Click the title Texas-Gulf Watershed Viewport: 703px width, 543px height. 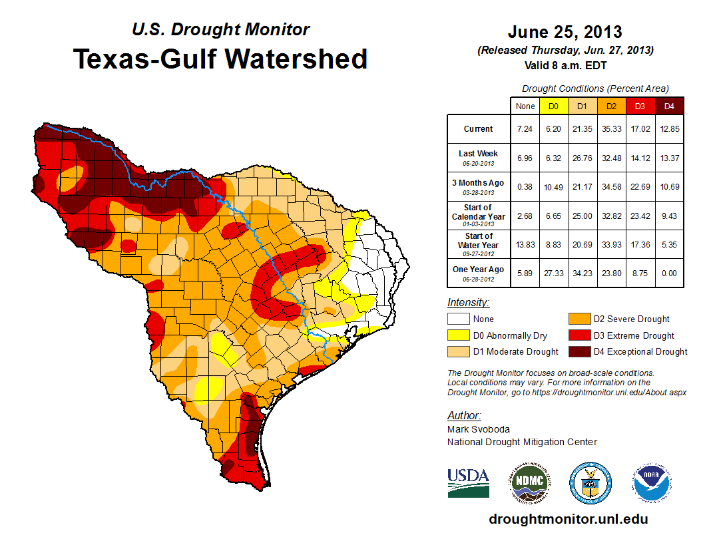pos(220,59)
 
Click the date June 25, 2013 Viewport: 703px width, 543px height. pos(565,32)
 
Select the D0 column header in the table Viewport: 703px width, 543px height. pos(553,106)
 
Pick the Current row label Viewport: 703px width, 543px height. pos(479,129)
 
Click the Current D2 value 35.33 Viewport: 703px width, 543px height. pos(610,129)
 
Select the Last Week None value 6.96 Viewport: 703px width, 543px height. pos(525,158)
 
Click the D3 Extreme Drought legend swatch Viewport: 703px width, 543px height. pos(578,335)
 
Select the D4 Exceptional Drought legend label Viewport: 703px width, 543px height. pos(640,351)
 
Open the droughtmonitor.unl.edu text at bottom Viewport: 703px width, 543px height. pos(568,519)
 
